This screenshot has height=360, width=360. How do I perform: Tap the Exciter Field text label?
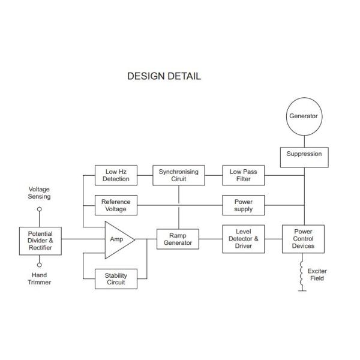point(317,275)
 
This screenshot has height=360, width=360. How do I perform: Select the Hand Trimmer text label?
point(39,278)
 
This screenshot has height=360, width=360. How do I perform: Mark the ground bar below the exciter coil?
point(302,291)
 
